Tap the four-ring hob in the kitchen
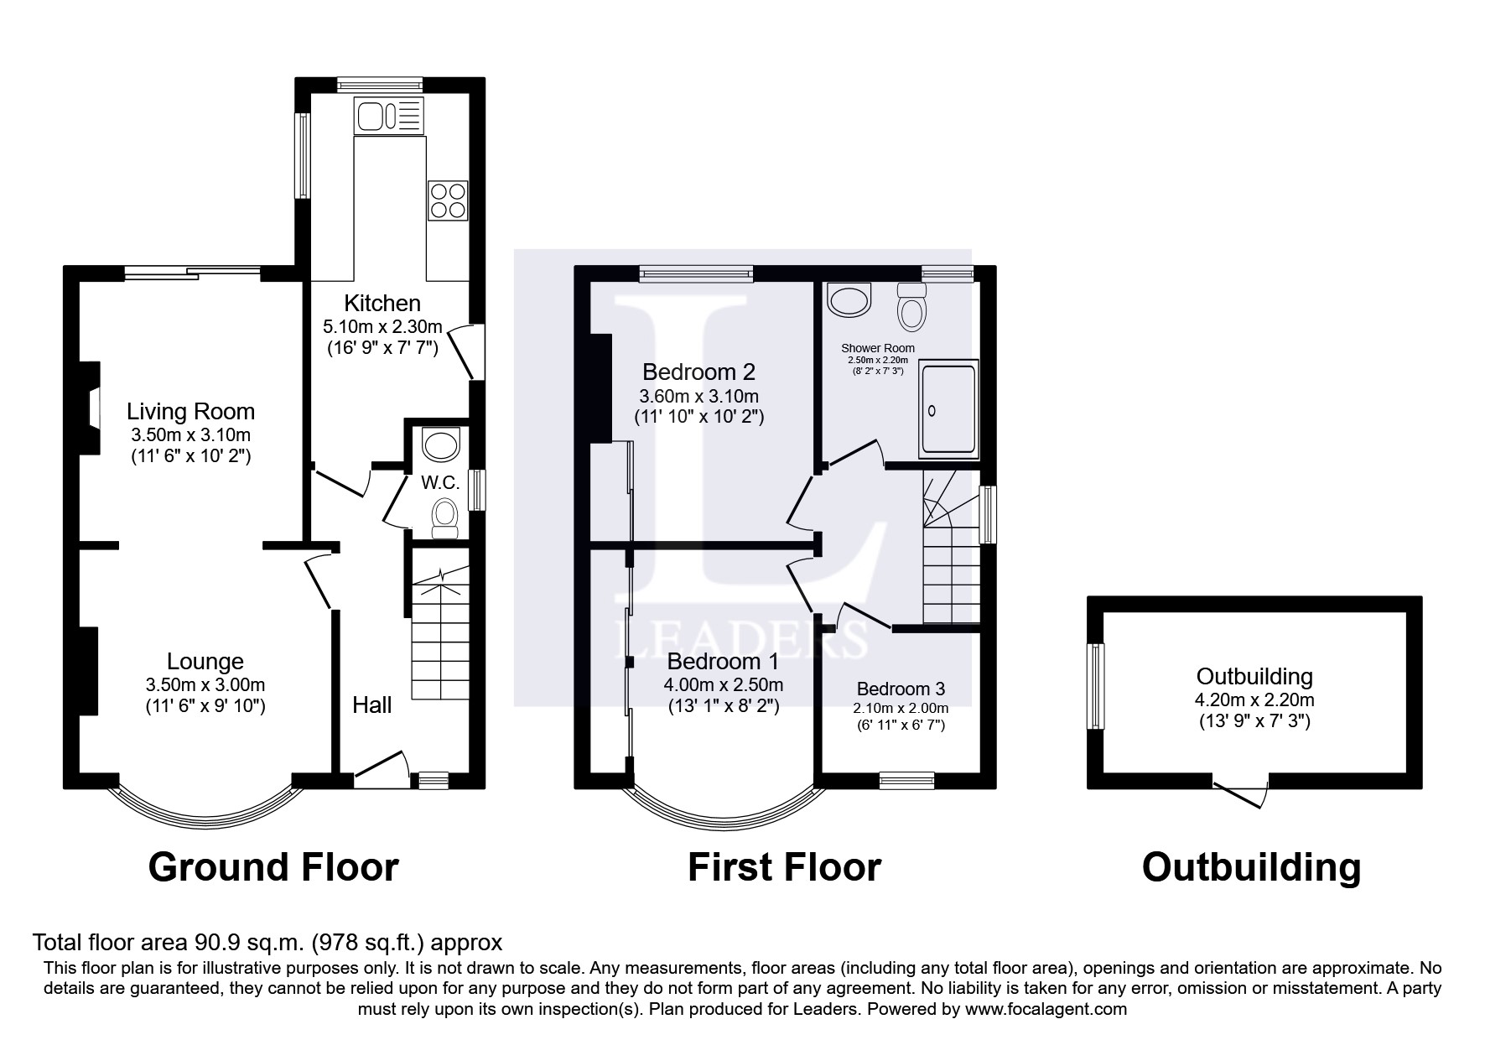(x=448, y=200)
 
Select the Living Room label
(x=190, y=411)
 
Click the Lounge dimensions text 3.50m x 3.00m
(x=205, y=684)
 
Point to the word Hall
(x=371, y=705)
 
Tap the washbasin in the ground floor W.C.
(x=441, y=444)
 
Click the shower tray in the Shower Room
(x=949, y=410)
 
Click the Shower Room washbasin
(x=849, y=299)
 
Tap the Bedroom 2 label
(x=698, y=372)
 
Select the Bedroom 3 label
(x=901, y=689)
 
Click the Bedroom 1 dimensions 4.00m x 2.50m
(x=724, y=684)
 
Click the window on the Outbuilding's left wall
(x=1095, y=686)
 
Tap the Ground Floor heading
(x=273, y=867)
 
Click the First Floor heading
(x=784, y=867)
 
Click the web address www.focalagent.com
(x=1045, y=1009)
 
